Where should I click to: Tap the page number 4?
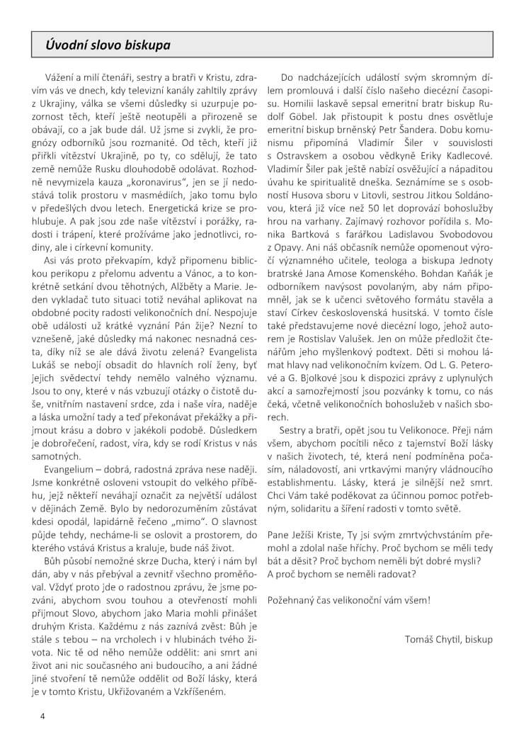[x=42, y=716]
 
